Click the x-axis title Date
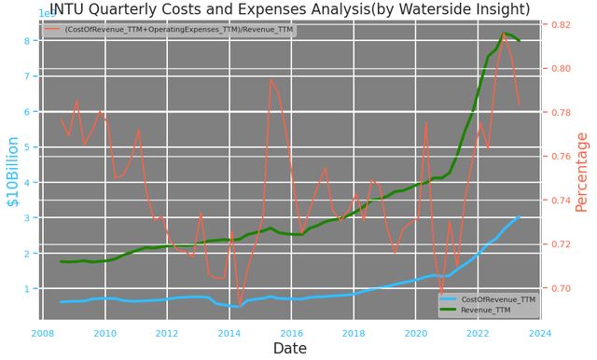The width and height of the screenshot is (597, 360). pyautogui.click(x=290, y=349)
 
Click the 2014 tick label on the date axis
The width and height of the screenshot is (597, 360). pyautogui.click(x=229, y=333)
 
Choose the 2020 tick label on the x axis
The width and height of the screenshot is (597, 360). pyautogui.click(x=416, y=333)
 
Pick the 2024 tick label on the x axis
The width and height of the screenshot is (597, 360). pyautogui.click(x=540, y=333)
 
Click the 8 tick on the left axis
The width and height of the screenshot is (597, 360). pyautogui.click(x=30, y=40)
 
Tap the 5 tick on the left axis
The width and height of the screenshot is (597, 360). pyautogui.click(x=30, y=147)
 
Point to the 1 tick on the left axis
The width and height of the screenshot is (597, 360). pyautogui.click(x=30, y=289)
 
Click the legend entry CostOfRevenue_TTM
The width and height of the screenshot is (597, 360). pyautogui.click(x=497, y=299)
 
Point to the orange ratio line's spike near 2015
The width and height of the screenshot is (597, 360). pyautogui.click(x=271, y=79)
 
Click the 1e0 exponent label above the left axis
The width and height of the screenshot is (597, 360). pyautogui.click(x=48, y=14)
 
